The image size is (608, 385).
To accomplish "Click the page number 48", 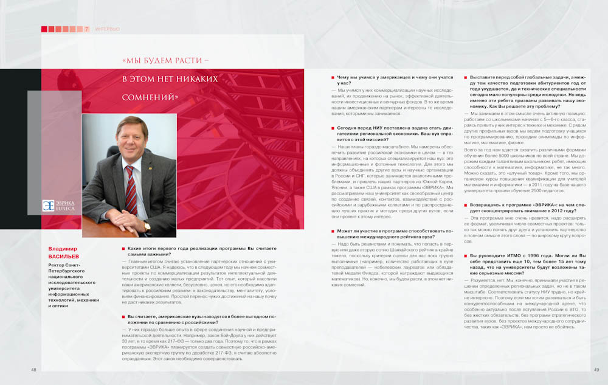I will click(33, 369).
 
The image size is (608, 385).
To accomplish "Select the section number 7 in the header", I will click(87, 29).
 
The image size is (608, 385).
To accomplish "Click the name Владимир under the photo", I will click(63, 248).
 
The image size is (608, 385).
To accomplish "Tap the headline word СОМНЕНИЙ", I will click(150, 97).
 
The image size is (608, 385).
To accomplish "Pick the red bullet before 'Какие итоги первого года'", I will click(123, 249).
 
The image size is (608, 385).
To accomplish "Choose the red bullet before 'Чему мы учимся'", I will click(333, 78).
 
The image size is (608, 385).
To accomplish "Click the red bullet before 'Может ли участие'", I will click(333, 232).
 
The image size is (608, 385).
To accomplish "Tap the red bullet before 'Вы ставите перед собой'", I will click(466, 78).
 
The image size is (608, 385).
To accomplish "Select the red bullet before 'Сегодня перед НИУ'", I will click(333, 128).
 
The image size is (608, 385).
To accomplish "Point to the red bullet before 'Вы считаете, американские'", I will click(123, 317).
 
